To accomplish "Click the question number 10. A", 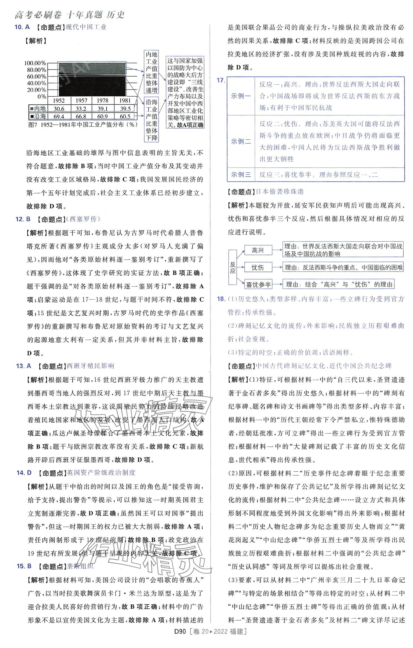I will [22, 27].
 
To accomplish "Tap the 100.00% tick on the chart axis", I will [35, 63].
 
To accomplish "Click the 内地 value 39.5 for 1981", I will [125, 109].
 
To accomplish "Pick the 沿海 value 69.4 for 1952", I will [59, 116].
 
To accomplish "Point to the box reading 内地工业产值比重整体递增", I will [151, 72].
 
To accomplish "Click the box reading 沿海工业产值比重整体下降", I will [151, 120].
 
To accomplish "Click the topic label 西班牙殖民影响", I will [90, 366].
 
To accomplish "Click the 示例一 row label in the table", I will [241, 96].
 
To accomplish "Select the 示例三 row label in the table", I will [241, 175].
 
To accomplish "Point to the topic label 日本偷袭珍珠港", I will [279, 192].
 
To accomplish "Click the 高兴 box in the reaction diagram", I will [258, 250].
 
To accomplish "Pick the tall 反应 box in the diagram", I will [232, 267].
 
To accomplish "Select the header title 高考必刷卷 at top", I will [38, 15].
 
